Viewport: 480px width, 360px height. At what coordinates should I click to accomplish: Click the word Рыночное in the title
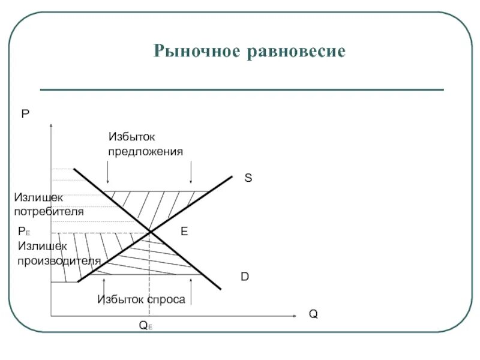tap(196, 51)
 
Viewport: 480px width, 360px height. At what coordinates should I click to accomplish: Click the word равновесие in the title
tap(296, 51)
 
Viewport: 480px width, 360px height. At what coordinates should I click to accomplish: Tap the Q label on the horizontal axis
tap(313, 314)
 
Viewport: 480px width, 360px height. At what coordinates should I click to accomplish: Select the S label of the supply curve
tap(248, 178)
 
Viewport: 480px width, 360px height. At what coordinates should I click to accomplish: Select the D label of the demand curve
tap(245, 277)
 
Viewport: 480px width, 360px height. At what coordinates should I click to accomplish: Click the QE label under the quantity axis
tap(145, 326)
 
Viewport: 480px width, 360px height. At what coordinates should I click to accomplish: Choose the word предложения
tap(145, 151)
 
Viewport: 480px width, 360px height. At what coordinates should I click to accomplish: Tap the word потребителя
tap(49, 211)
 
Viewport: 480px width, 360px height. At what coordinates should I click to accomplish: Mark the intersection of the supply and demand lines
tap(149, 232)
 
